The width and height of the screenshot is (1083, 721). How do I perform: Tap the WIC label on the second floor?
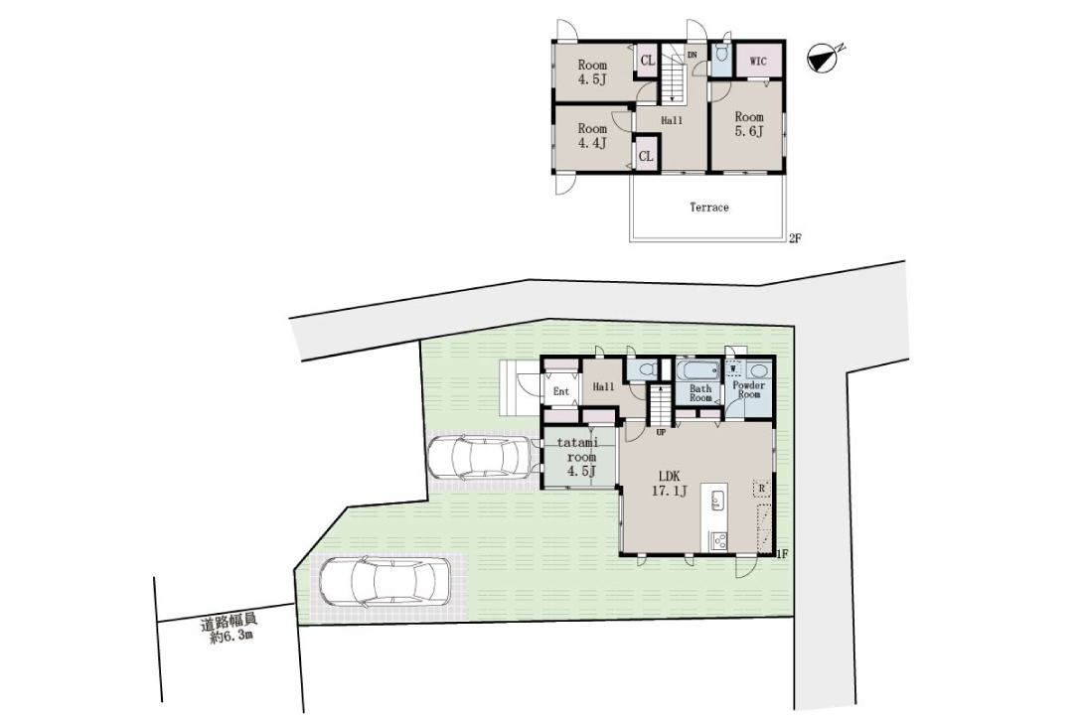[758, 62]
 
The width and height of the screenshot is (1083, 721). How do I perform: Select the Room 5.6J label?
[749, 124]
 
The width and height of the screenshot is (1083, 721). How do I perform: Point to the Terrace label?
[709, 208]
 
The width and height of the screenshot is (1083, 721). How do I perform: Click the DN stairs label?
[693, 55]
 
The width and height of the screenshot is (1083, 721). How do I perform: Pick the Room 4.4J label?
[592, 136]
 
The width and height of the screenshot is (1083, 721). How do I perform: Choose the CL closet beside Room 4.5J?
[647, 61]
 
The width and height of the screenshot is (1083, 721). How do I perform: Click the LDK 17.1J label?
[669, 484]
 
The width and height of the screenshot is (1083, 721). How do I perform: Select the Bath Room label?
[700, 393]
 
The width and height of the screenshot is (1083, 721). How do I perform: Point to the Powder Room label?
[749, 389]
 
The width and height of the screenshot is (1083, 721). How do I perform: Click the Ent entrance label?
[561, 391]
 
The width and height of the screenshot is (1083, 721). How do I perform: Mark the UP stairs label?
[661, 433]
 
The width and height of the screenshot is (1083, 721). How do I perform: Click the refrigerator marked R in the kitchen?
[761, 489]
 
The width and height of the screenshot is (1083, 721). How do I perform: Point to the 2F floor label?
[794, 238]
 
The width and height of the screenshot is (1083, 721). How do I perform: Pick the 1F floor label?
[782, 553]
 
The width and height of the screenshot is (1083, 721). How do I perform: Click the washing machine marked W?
[733, 368]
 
